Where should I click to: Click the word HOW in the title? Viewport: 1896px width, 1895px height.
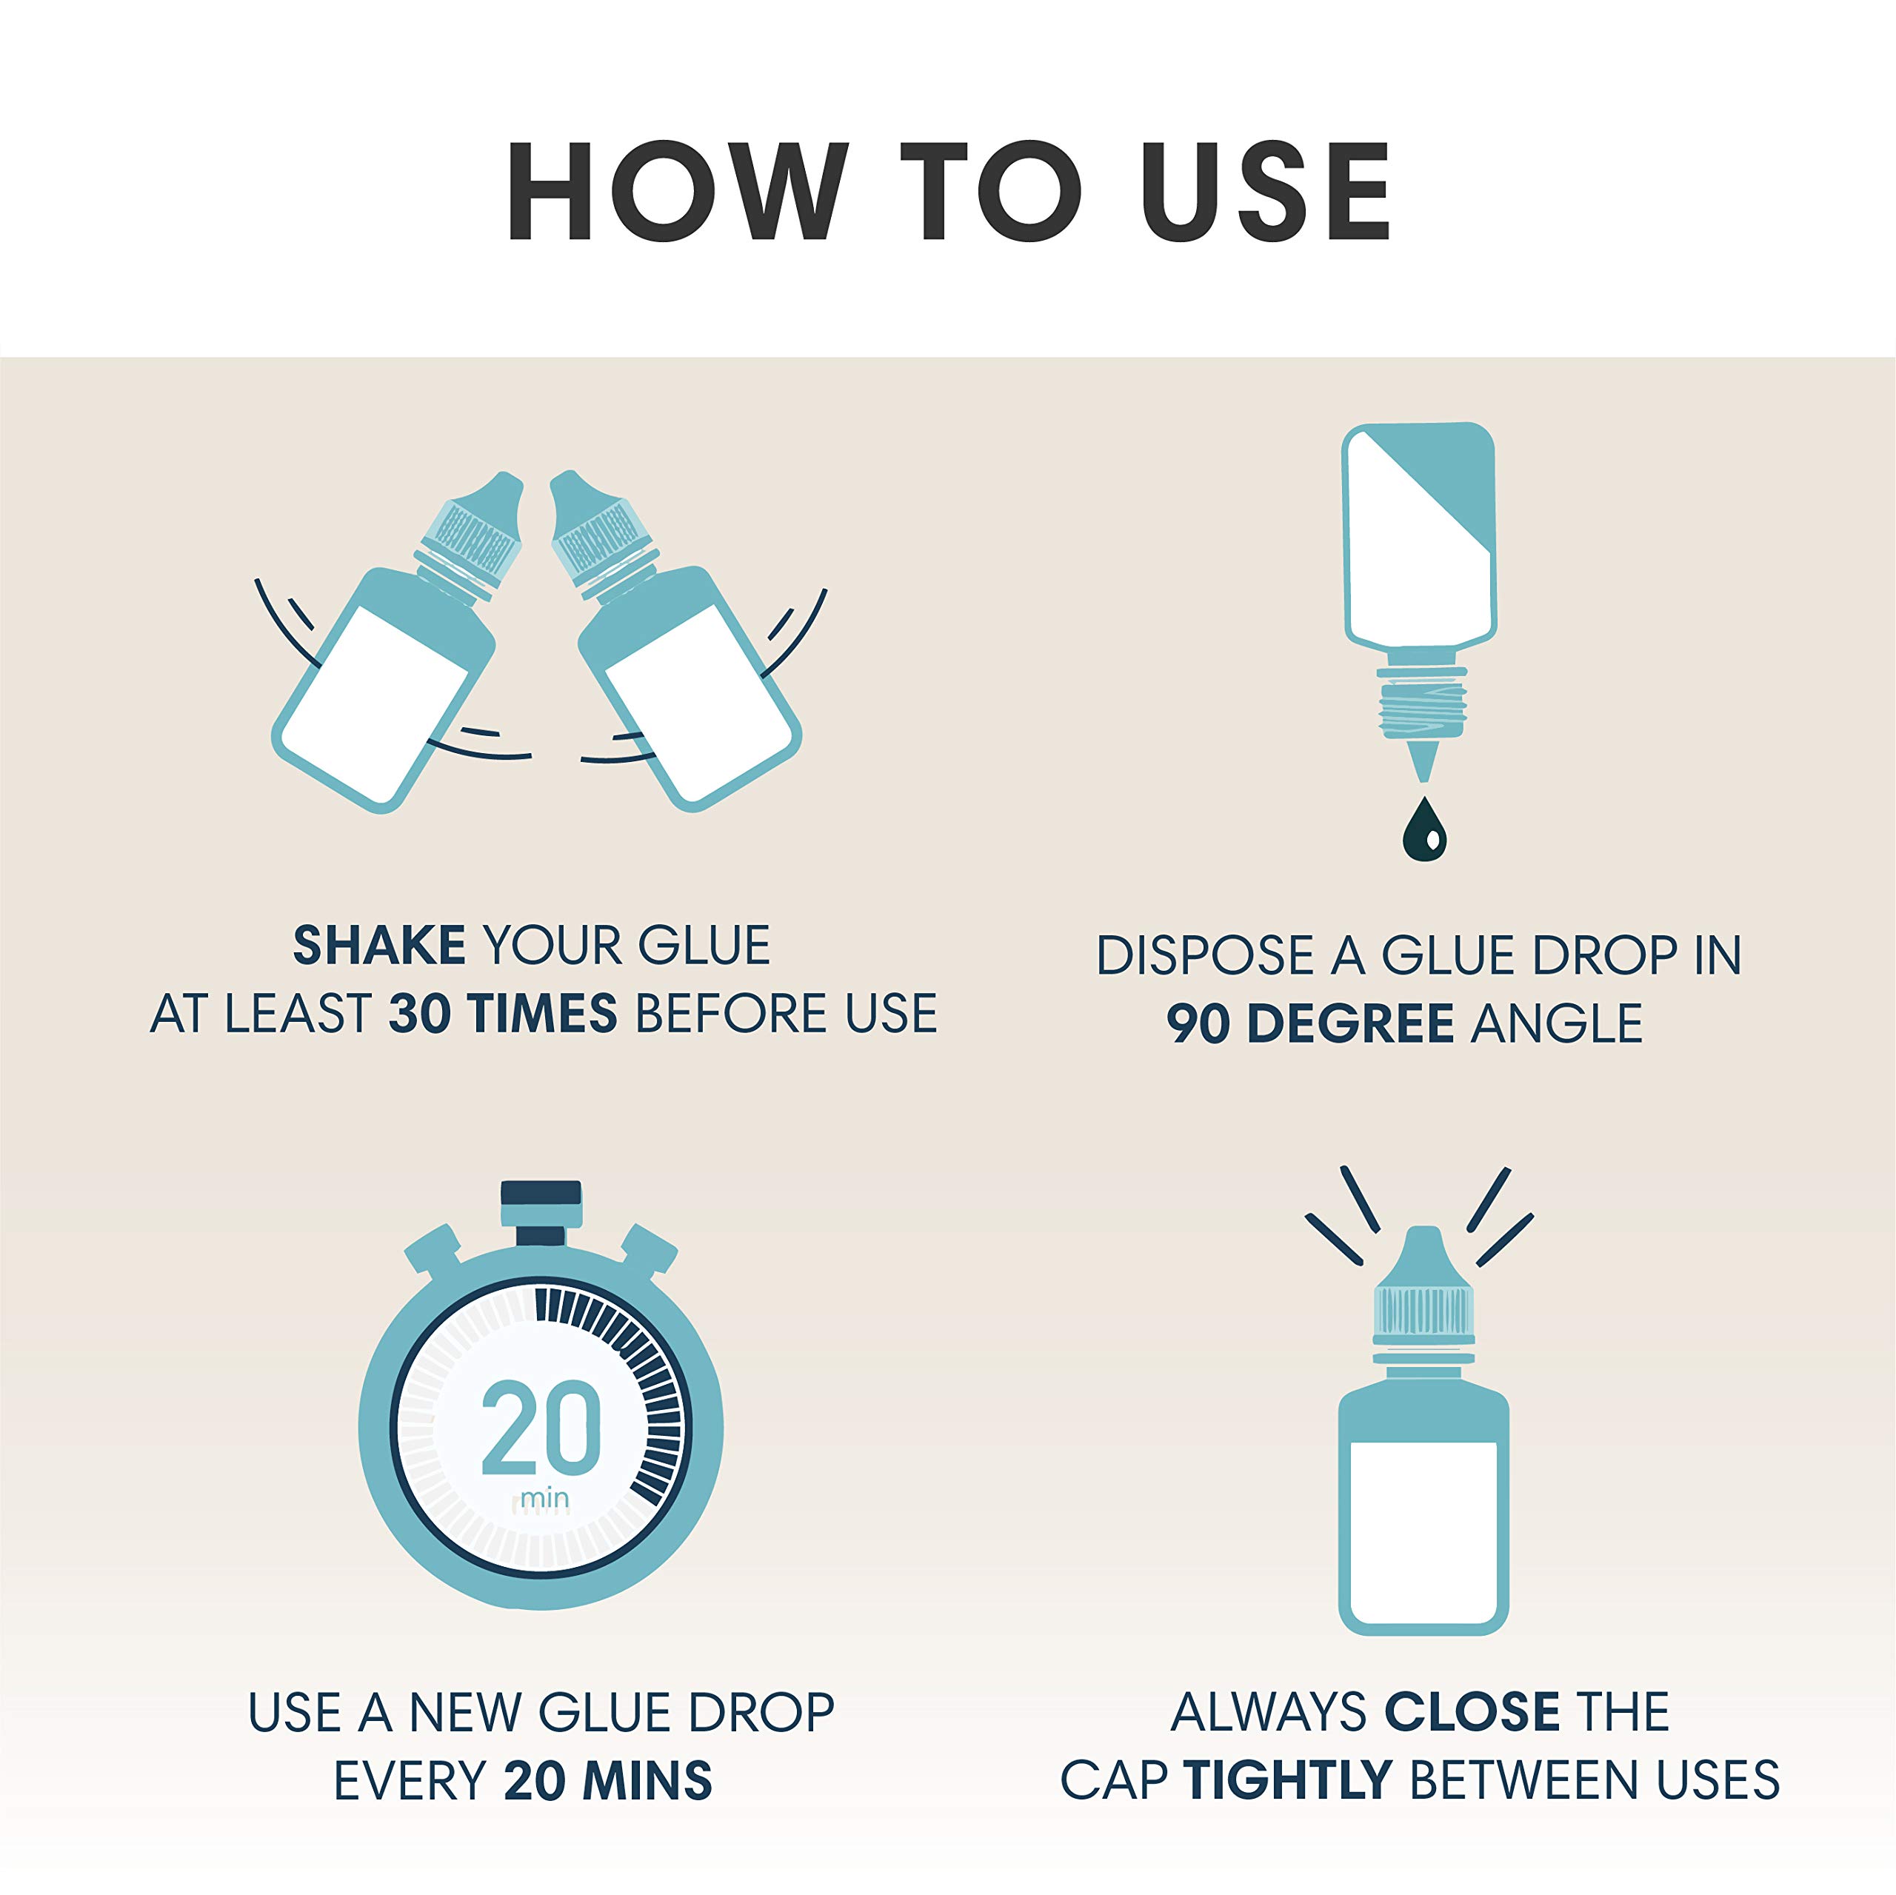[677, 190]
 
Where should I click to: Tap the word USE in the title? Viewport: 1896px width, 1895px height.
[1266, 190]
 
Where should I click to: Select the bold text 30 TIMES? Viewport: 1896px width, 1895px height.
[502, 1014]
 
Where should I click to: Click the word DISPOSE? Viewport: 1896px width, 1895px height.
[1204, 956]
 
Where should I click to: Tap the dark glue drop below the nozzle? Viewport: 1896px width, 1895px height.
[1424, 830]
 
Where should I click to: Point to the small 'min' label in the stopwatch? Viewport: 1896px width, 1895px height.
[544, 1499]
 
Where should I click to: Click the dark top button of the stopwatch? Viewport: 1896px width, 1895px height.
[541, 1193]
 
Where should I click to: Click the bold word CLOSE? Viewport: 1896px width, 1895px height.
[1472, 1713]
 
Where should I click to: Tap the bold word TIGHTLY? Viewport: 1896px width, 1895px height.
[1287, 1781]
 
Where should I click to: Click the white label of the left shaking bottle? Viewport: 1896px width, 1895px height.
[375, 705]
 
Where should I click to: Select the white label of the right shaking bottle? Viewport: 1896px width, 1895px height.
[698, 705]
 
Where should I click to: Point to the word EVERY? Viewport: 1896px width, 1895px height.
[410, 1781]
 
